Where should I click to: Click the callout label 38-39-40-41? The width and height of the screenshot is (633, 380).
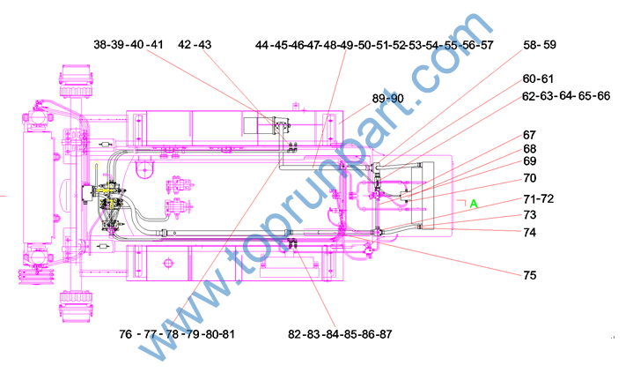(129, 44)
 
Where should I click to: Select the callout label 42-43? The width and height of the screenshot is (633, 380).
(195, 44)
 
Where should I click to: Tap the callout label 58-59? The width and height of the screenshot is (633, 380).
(540, 44)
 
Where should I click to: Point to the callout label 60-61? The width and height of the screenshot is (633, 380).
(538, 78)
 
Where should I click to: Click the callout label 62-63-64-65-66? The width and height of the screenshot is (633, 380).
(566, 96)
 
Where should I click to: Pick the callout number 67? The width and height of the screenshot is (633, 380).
(529, 135)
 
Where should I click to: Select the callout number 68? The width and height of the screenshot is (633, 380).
(530, 149)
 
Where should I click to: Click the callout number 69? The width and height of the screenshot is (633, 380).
(530, 160)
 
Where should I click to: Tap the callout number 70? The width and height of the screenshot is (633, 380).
(530, 178)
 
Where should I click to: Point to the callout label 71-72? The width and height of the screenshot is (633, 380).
(539, 199)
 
